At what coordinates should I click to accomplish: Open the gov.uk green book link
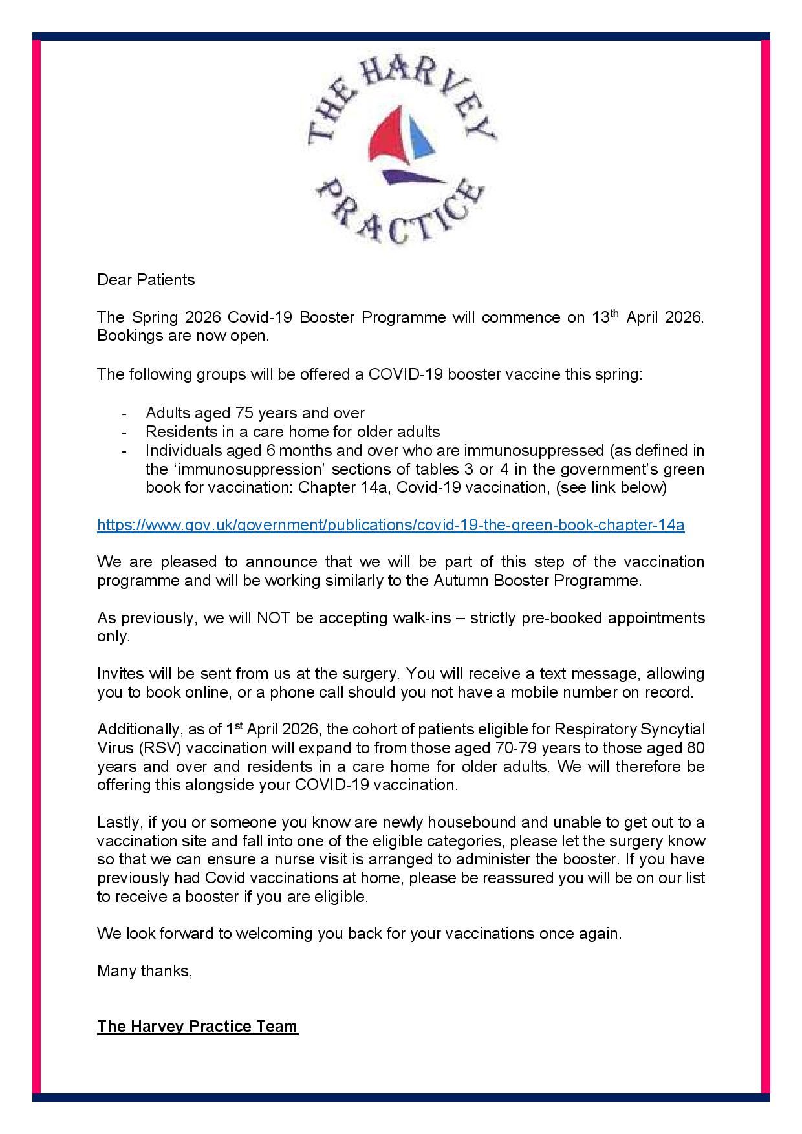point(391,525)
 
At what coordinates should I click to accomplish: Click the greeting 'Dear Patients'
point(146,280)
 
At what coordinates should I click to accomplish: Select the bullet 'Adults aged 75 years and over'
point(255,412)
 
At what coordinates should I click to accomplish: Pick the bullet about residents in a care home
point(292,431)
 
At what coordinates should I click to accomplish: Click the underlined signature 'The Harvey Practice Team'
point(197,1026)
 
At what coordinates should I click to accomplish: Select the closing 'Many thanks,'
point(145,970)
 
